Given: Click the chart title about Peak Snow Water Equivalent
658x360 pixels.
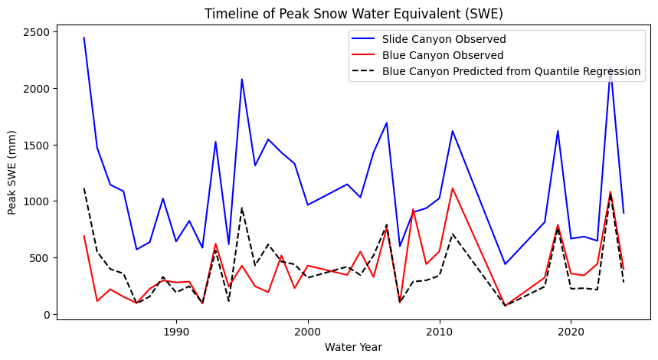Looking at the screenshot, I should click(353, 14).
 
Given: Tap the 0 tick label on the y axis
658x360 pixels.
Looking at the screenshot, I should click(47, 314).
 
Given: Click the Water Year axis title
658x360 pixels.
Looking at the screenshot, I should click(353, 347).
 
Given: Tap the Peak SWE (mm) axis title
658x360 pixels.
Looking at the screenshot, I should click(13, 173).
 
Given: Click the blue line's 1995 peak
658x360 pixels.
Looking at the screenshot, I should click(242, 79).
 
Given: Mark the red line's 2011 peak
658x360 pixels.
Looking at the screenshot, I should click(453, 188).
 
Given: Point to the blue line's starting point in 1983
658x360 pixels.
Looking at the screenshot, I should click(84, 38).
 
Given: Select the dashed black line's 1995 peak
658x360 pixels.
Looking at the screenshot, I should click(242, 208).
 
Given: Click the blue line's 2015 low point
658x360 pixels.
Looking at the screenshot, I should click(505, 264).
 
